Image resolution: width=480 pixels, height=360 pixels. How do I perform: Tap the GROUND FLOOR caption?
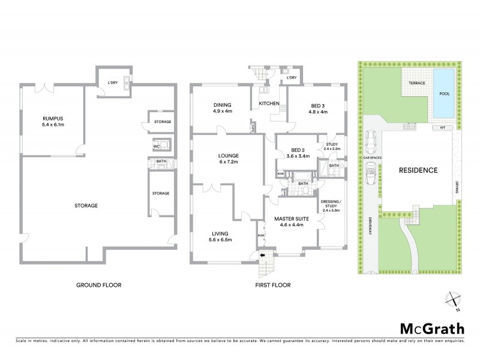(99, 285)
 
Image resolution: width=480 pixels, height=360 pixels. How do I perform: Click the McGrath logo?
(431, 329)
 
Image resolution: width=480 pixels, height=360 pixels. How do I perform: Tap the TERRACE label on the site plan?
(415, 82)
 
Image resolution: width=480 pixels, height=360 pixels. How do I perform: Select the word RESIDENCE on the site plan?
(419, 170)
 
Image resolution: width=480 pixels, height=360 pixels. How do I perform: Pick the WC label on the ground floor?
(156, 145)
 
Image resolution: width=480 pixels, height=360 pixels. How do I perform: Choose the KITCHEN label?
(269, 104)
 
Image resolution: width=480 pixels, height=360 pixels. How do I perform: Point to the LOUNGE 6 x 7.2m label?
(229, 160)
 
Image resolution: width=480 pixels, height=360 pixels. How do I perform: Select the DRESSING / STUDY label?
(331, 204)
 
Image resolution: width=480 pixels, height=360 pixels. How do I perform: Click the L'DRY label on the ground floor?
(112, 82)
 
